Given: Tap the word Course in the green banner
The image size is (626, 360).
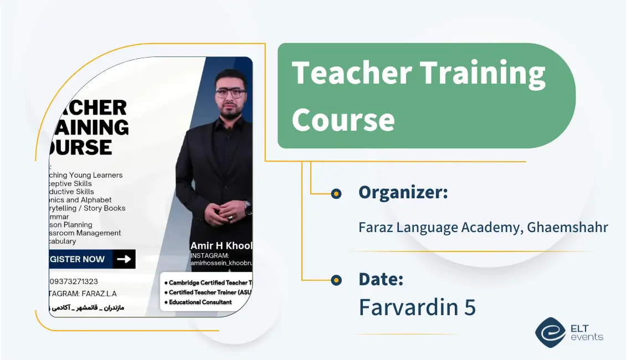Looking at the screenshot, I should tap(343, 119).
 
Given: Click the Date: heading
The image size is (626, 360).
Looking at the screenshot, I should tap(381, 279).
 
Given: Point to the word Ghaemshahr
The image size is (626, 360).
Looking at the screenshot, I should tap(567, 227).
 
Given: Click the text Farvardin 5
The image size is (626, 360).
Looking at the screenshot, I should tap(417, 307).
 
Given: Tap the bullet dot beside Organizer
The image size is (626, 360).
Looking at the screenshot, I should tap(336, 194).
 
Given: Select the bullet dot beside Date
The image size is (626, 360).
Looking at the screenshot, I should tap(336, 280).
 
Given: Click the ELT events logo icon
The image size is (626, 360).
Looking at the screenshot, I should tap(550, 332).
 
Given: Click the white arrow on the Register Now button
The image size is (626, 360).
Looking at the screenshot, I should tap(124, 259).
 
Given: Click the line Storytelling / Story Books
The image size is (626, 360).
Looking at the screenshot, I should tap(88, 208).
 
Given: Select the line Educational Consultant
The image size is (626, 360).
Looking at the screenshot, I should tap(200, 302).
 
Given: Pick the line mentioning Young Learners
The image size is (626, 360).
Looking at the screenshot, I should tap(86, 175).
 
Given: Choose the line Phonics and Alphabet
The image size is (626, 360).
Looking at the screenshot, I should tap(81, 200).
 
